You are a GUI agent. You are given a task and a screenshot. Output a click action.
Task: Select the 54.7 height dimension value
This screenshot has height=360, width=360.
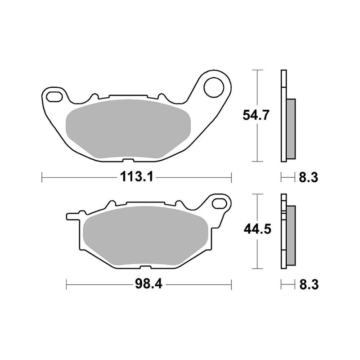pyautogui.click(x=257, y=116)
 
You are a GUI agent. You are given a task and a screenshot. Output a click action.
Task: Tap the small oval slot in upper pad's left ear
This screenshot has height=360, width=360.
pyautogui.click(x=54, y=95)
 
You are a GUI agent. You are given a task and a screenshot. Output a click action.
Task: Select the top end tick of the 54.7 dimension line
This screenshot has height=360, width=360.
pyautogui.click(x=256, y=70)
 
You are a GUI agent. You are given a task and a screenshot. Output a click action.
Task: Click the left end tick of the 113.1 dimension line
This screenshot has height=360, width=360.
pyautogui.click(x=42, y=177)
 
